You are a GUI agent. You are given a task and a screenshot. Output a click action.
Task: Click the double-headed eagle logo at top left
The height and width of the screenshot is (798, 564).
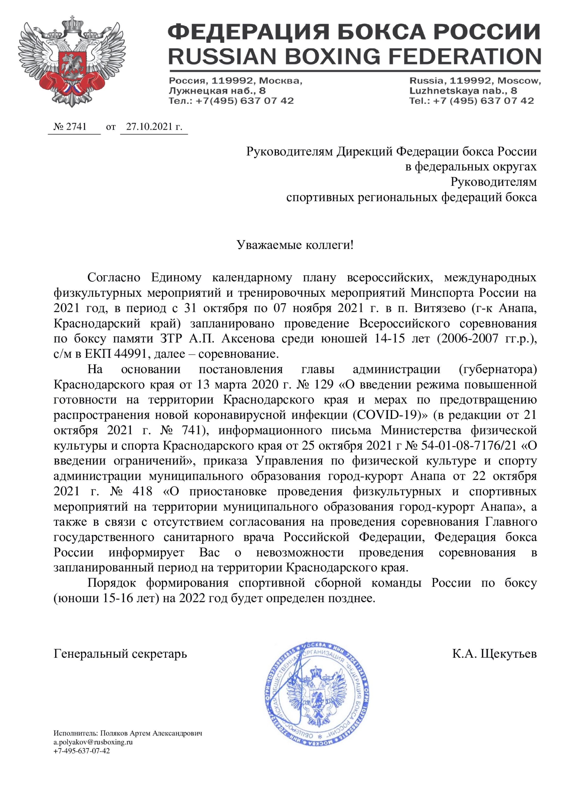click(x=72, y=61)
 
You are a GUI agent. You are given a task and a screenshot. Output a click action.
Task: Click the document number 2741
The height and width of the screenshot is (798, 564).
click(x=76, y=127)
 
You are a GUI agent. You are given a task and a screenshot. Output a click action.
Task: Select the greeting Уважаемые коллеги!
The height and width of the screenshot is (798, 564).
click(x=295, y=245)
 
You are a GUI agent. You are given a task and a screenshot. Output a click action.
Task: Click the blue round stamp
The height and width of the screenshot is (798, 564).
click(x=316, y=695)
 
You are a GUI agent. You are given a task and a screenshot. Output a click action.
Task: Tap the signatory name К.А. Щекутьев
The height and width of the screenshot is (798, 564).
click(x=494, y=654)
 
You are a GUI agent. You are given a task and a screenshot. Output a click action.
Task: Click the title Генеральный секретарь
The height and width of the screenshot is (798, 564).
click(x=120, y=654)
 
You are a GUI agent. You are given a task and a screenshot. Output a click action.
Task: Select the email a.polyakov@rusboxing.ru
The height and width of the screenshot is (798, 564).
click(x=93, y=742)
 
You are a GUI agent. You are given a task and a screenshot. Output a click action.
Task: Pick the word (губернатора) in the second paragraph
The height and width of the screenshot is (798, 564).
click(x=498, y=369)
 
